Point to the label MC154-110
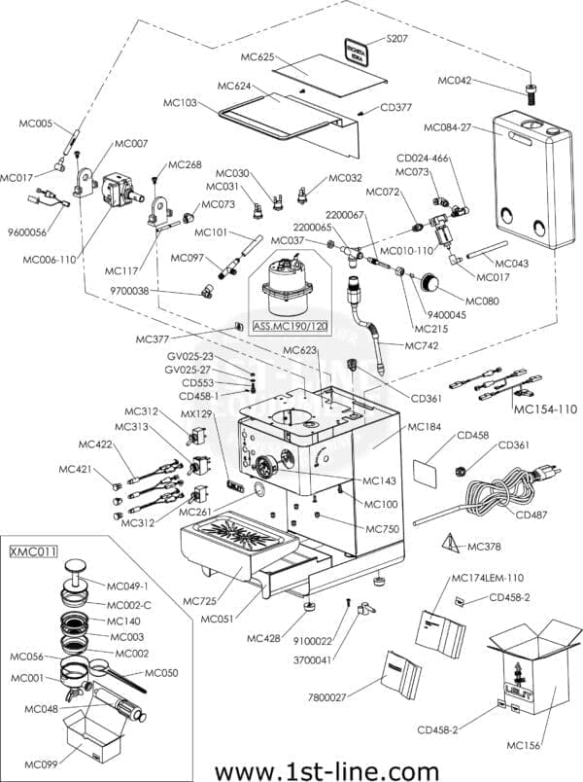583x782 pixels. pyautogui.click(x=544, y=409)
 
